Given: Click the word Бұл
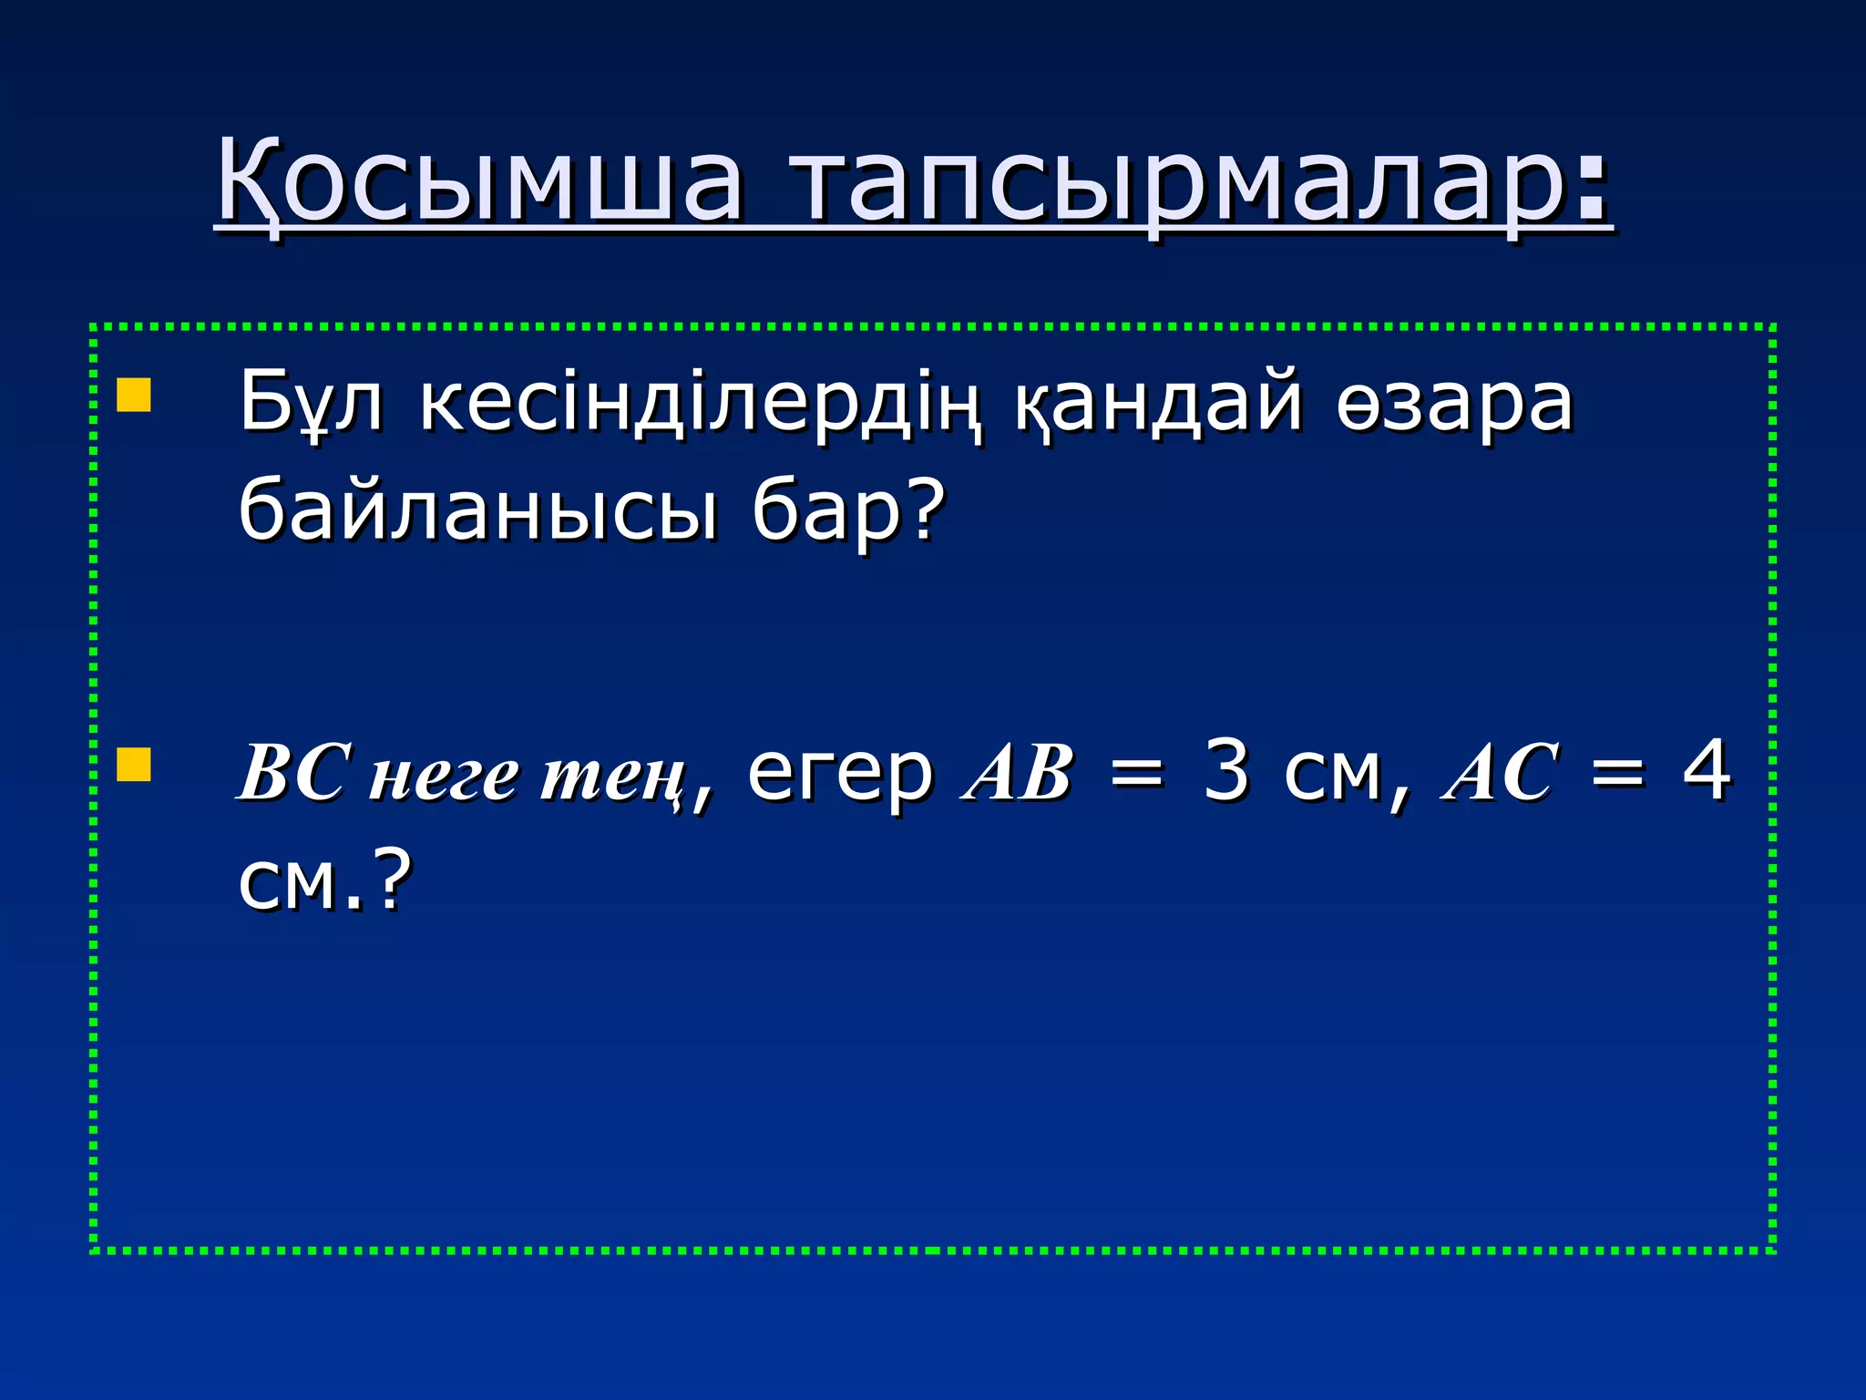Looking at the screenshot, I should [x=311, y=404].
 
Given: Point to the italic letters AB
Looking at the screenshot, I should [x=1018, y=774].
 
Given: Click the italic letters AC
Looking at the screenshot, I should [x=1500, y=774].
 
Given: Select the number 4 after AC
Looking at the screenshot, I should [x=1706, y=771].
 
